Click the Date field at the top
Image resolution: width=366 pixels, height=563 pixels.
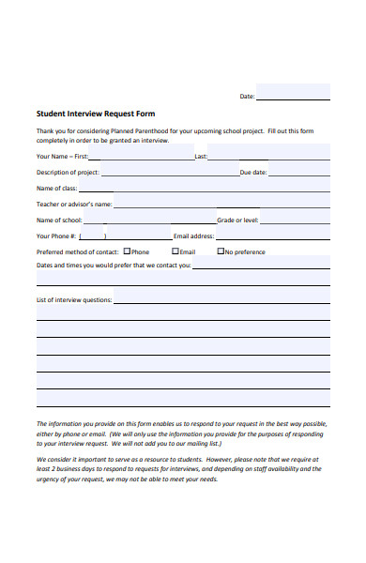tap(293, 94)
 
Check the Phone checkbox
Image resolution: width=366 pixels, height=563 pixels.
tap(127, 251)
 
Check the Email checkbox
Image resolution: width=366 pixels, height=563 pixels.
tap(175, 251)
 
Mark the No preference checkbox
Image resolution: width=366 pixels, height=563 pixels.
tap(221, 251)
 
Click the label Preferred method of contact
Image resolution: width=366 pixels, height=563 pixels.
tap(77, 252)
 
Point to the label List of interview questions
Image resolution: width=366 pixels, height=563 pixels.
tap(74, 300)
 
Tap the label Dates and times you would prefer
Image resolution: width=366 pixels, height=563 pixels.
tap(113, 266)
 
